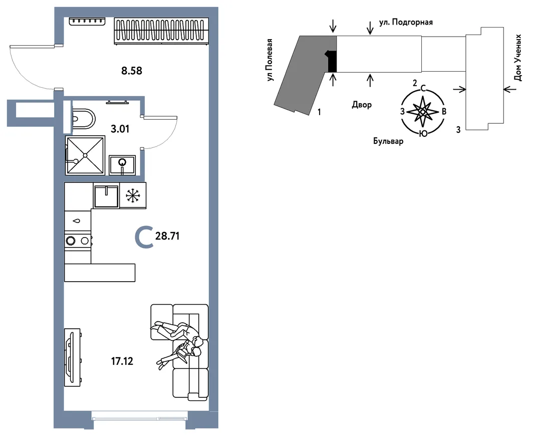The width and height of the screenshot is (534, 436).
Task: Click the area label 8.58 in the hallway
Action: (131, 71)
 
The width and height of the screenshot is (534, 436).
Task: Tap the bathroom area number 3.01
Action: (120, 129)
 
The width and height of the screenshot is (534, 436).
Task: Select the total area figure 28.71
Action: (167, 236)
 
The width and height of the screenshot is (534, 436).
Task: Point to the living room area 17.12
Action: (122, 361)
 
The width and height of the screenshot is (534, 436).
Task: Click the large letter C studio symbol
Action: (143, 238)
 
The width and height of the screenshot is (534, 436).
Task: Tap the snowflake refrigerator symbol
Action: (133, 195)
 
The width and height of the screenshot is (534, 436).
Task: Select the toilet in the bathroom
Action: (83, 119)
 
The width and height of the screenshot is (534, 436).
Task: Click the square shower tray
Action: (85, 155)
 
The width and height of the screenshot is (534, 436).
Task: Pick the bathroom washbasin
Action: (122, 165)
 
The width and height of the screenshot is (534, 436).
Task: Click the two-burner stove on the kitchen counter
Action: (78, 241)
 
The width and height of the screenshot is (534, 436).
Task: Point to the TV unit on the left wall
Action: (72, 357)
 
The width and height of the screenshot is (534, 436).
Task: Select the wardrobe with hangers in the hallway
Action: (161, 31)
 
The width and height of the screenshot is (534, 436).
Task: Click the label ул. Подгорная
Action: (406, 23)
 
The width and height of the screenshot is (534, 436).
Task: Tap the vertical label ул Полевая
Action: (271, 60)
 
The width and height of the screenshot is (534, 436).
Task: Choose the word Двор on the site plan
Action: (362, 105)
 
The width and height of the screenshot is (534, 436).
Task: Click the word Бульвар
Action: (388, 141)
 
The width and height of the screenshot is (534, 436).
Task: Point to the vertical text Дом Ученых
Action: (517, 58)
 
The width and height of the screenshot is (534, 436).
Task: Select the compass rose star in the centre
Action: (422, 111)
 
